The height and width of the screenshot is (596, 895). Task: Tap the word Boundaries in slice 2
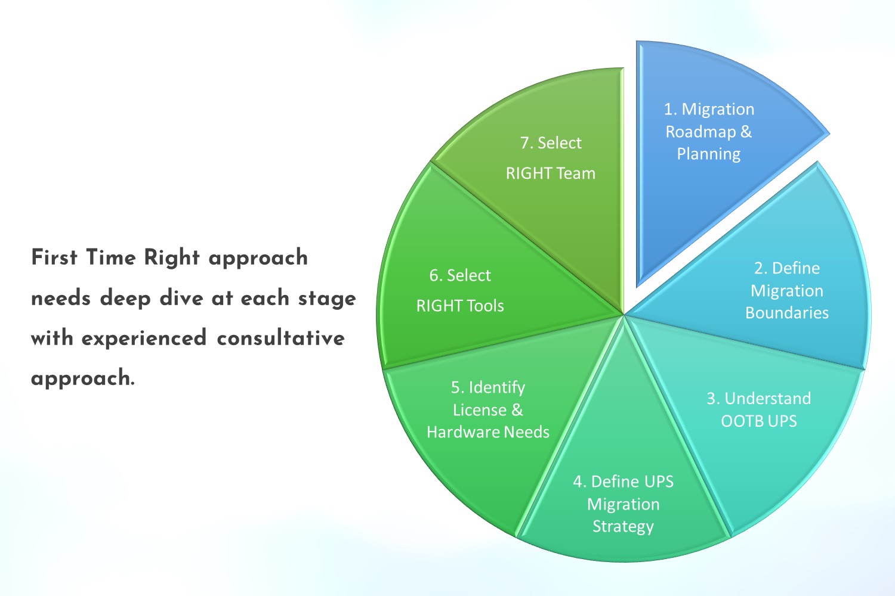pos(787,313)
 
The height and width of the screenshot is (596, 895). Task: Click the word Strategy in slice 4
pos(623,527)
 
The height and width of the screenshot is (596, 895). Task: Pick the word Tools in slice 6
pos(485,306)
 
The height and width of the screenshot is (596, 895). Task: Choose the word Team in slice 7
pos(576,173)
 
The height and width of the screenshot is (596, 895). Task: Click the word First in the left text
pos(54,257)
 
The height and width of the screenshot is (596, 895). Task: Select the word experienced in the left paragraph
pos(144,338)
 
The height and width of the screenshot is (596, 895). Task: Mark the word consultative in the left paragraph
pos(280,338)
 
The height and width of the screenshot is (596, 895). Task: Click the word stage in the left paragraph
pos(327,298)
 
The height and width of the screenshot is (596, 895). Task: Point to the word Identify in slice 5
pos(496,387)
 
